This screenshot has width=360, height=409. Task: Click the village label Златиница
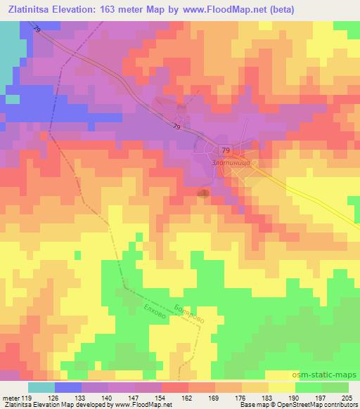click(231, 162)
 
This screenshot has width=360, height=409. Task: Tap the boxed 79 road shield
click(226, 150)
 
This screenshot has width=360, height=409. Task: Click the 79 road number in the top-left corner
click(35, 28)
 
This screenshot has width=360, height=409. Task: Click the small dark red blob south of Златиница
click(204, 193)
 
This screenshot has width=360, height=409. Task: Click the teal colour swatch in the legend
click(41, 387)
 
